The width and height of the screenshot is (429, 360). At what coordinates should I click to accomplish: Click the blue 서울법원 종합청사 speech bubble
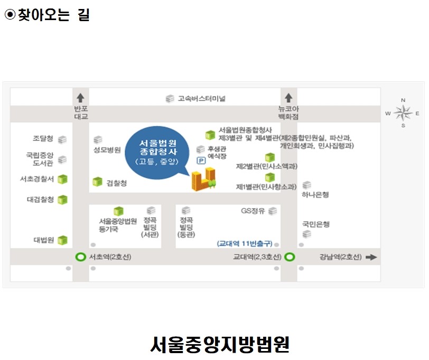coord(157,153)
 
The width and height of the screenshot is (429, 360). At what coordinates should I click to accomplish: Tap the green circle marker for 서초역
coord(80,257)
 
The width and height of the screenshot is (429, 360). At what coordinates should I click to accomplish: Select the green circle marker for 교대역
coord(290,257)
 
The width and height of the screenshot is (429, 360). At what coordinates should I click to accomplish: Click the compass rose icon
coord(403,113)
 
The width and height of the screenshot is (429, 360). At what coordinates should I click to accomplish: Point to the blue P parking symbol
coord(201,161)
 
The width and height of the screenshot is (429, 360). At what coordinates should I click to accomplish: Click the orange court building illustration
coord(203,179)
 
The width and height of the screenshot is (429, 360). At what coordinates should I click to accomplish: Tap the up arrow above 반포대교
coord(80,98)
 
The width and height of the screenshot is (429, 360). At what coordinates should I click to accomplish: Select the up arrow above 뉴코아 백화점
coord(288,98)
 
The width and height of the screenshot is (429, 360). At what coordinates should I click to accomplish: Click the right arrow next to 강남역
coord(371,257)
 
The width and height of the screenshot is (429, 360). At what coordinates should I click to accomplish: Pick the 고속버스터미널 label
coord(202,98)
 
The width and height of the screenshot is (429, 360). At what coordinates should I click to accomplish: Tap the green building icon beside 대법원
coord(62,240)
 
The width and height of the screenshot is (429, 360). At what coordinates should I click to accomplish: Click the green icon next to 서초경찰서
coord(62,179)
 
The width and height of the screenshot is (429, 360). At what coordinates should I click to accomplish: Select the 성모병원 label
coord(107,150)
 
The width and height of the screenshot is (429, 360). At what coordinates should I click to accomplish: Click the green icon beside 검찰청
coord(97,181)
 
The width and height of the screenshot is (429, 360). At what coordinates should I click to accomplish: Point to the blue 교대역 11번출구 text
coord(245,243)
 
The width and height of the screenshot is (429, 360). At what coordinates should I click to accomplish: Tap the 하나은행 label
coord(315,195)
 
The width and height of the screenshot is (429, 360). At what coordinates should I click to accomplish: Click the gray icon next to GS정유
coord(273,211)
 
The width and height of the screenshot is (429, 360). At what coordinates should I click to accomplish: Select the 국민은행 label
coord(316,225)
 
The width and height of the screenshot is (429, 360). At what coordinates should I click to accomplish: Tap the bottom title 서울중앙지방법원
coord(220,344)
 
